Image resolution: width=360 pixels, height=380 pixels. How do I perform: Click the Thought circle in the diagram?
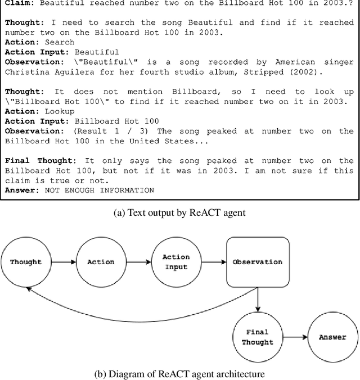26,262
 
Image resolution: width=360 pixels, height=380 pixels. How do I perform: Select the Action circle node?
101,262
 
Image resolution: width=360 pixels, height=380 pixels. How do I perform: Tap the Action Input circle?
176,262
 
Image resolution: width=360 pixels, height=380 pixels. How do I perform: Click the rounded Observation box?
258,262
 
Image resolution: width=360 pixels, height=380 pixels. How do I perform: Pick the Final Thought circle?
258,337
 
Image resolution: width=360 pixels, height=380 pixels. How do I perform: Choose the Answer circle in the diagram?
332,337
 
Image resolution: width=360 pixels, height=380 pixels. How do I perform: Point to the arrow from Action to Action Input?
138,262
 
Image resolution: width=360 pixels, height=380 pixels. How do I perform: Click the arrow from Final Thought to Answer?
295,337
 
